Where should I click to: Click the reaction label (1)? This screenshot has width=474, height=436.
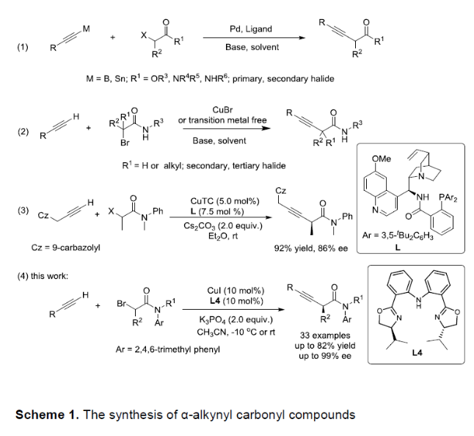click(x=22, y=49)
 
